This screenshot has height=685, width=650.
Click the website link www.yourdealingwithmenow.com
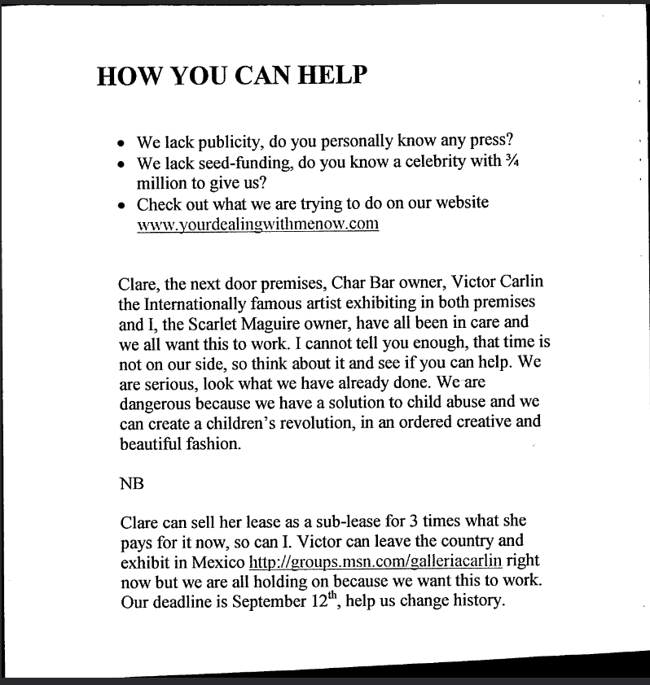(x=258, y=224)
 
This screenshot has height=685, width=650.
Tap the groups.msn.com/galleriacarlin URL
(x=375, y=562)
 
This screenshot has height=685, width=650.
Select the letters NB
(x=131, y=482)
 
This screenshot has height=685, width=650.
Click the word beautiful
(x=152, y=444)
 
